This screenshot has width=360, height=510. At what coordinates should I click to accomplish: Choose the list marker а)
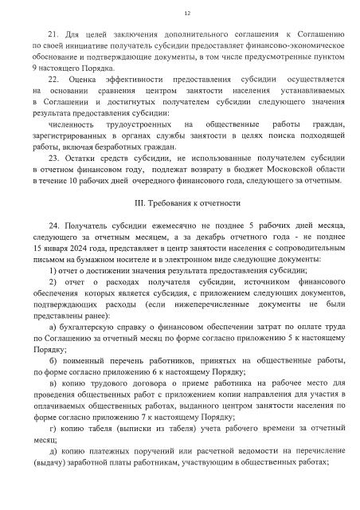pyautogui.click(x=53, y=328)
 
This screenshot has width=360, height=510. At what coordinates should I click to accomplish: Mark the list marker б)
pyautogui.click(x=53, y=361)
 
